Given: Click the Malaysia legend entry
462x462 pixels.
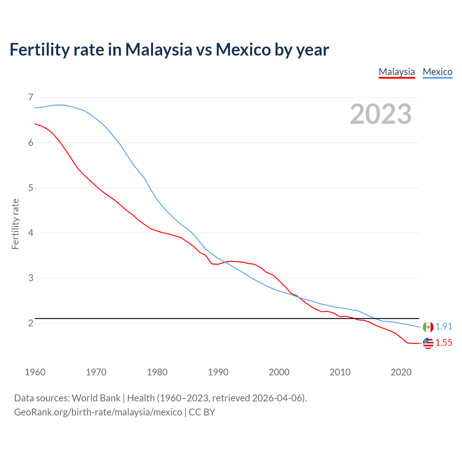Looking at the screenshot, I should pos(397,72).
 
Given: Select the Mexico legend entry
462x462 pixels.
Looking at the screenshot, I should pos(437,72).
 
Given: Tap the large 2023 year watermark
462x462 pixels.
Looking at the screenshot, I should pos(380,114).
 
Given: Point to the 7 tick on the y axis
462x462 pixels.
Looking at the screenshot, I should pos(31,97).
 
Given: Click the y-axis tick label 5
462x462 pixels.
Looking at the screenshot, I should pos(31,188).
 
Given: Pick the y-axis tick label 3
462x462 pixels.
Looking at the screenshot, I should pos(31,278).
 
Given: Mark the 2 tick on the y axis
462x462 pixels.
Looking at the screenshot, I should pos(31,323).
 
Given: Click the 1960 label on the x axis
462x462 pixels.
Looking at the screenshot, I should pos(35,372).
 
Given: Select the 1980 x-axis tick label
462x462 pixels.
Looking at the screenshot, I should pos(157,372).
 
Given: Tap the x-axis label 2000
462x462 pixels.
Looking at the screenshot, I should pos(279,372).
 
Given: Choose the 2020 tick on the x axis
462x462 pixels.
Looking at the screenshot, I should pos(401,372).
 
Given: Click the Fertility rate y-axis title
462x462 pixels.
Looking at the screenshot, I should pos(15,224).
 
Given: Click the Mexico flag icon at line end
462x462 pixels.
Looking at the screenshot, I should pos(428,327).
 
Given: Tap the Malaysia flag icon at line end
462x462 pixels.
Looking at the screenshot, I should pos(428,343).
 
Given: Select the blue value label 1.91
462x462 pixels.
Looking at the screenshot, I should pos(444,326).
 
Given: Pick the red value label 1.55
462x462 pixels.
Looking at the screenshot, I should pos(444,343).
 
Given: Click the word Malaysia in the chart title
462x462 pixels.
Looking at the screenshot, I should pos(158,49).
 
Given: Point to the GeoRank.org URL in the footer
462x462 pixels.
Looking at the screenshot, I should pos(98,412).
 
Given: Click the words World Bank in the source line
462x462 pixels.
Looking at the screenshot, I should pos(96,398).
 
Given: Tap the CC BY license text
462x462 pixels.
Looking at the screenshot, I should pos(202,412).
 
